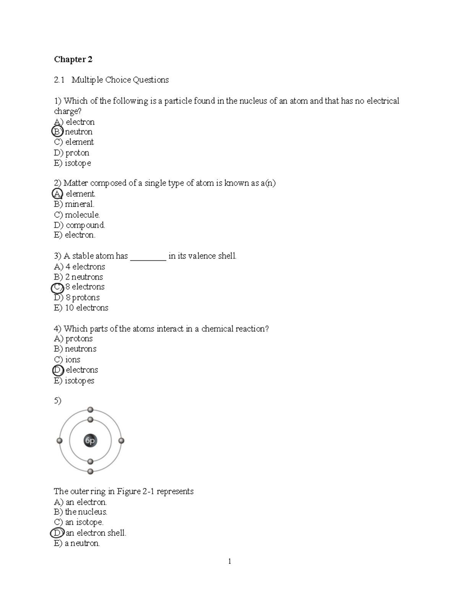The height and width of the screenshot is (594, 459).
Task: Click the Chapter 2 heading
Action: [x=73, y=59]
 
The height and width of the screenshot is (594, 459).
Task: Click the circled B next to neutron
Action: [x=57, y=132]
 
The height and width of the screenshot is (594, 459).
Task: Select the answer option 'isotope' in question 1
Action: [x=78, y=163]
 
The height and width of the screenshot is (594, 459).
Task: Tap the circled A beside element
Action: [x=57, y=194]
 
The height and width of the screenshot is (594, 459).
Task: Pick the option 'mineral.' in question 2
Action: [x=79, y=204]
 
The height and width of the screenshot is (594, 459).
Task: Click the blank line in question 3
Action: [x=148, y=257]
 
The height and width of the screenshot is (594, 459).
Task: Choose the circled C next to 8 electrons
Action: [x=57, y=287]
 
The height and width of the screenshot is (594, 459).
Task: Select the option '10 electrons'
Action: [x=86, y=308]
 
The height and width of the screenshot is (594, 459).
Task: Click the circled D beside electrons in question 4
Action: [x=58, y=370]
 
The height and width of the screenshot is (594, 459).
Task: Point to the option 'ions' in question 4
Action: [x=72, y=360]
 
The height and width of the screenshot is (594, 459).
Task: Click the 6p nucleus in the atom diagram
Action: [x=90, y=441]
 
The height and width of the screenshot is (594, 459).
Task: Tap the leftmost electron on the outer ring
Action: [x=59, y=441]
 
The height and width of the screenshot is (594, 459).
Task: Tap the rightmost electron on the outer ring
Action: [x=121, y=441]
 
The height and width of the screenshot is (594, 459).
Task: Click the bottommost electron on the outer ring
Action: [x=90, y=472]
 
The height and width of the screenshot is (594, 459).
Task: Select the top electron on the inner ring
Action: [x=90, y=420]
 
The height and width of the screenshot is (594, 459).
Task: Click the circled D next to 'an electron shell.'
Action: [x=57, y=533]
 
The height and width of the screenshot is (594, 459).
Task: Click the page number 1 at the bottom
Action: [x=229, y=561]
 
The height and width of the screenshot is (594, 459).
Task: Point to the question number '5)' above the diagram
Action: [x=57, y=400]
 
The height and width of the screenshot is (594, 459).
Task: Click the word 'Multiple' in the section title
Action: [x=87, y=80]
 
